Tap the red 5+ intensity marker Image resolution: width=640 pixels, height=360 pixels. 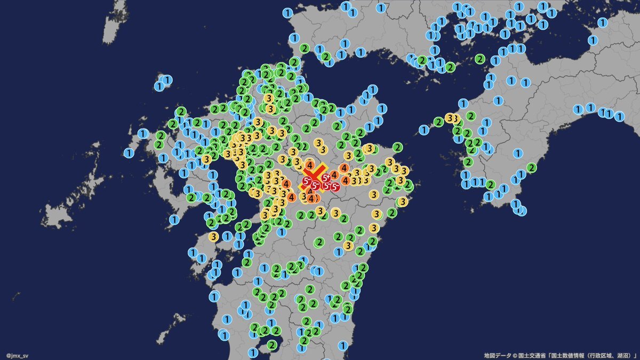pyautogui.click(x=326, y=178)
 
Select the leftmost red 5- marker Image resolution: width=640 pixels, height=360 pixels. pyautogui.click(x=307, y=182)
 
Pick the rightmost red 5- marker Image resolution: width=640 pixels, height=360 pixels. pyautogui.click(x=334, y=186)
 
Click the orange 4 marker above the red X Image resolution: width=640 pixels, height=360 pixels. pyautogui.click(x=309, y=164)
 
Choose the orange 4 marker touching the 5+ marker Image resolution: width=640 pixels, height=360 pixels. pyautogui.click(x=334, y=174)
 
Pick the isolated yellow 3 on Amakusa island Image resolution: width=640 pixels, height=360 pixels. pyautogui.click(x=213, y=236)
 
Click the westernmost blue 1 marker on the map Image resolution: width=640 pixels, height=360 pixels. pyautogui.click(x=129, y=153)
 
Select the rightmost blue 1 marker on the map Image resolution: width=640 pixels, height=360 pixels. pyautogui.click(x=619, y=115)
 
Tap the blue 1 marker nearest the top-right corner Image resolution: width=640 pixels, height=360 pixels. pyautogui.click(x=603, y=22)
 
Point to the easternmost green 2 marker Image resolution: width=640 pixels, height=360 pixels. pyautogui.click(x=531, y=167)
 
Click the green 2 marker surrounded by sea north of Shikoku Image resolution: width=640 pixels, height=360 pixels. pyautogui.click(x=479, y=59)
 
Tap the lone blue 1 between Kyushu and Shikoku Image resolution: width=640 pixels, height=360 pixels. pyautogui.click(x=424, y=129)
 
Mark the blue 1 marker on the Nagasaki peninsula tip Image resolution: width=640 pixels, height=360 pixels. pyautogui.click(x=174, y=219)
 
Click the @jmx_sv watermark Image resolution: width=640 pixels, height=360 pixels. pyautogui.click(x=17, y=355)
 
